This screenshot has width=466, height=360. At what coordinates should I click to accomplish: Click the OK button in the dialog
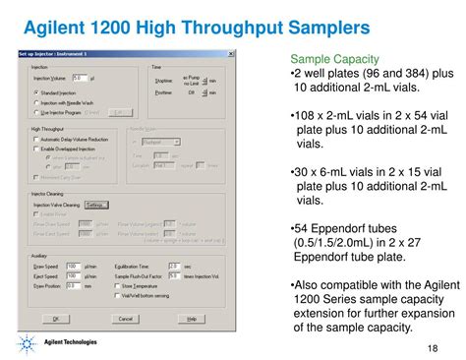[56, 319]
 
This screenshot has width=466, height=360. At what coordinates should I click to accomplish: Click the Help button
[192, 319]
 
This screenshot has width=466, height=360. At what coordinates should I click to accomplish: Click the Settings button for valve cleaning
[95, 205]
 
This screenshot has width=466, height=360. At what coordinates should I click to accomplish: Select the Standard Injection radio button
[35, 90]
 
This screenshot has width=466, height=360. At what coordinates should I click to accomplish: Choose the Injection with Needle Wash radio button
[35, 98]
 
